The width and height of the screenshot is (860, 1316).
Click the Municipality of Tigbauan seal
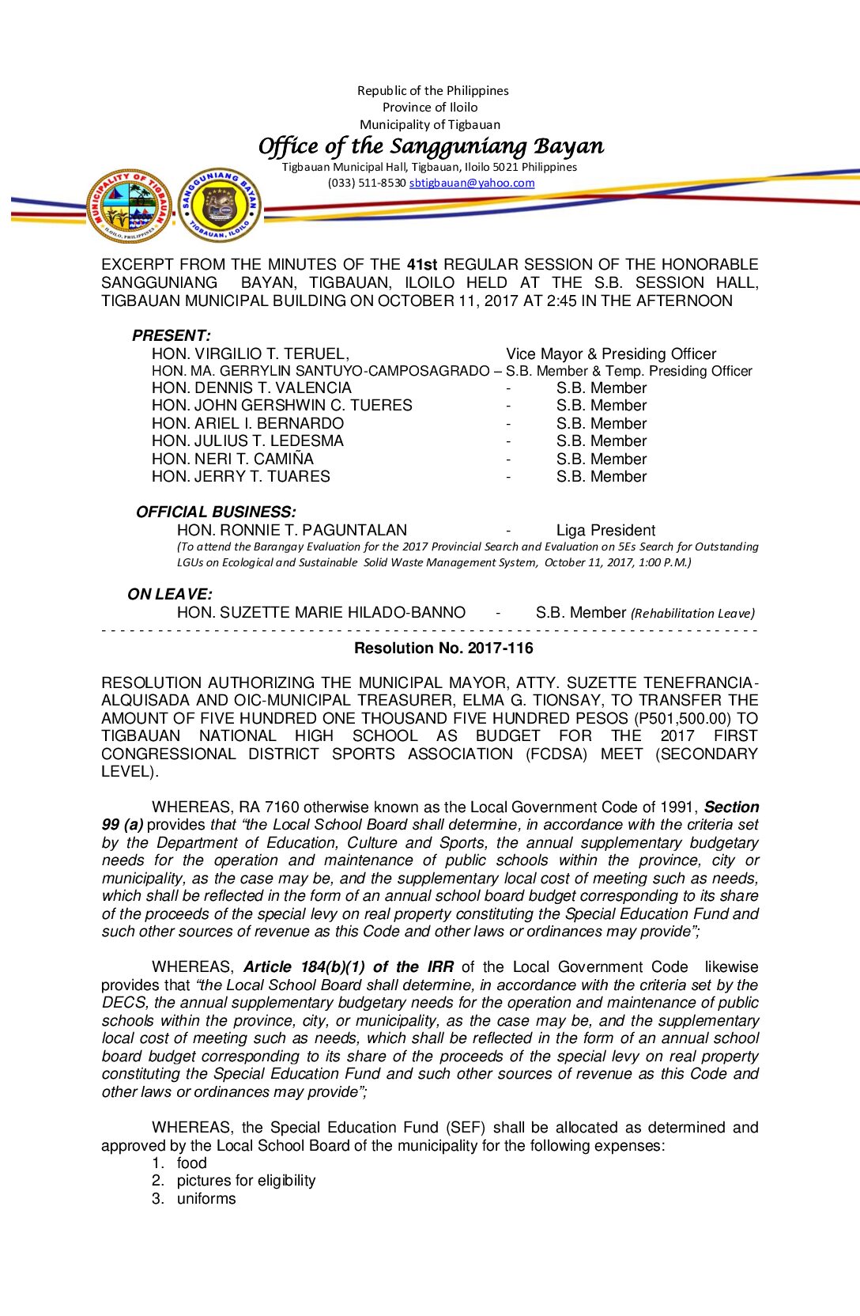(x=130, y=206)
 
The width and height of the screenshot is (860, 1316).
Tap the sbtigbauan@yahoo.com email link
(x=472, y=183)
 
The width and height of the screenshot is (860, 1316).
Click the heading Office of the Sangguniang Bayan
(x=431, y=146)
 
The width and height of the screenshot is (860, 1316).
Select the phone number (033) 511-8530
(x=367, y=183)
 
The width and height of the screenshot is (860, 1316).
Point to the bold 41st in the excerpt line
(x=421, y=264)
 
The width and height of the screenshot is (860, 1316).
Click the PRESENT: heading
(x=172, y=335)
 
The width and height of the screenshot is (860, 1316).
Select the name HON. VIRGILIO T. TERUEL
(x=250, y=354)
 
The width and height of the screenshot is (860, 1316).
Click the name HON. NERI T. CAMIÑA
(x=232, y=459)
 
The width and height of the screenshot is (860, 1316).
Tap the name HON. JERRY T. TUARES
(x=240, y=476)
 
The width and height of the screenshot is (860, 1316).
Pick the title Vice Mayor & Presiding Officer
(x=611, y=354)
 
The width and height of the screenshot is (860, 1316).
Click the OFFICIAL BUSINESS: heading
(x=216, y=512)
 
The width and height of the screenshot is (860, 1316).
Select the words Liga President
(x=605, y=530)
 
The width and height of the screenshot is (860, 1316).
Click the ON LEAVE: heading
(x=170, y=594)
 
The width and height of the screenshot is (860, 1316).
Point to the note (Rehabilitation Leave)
(x=692, y=613)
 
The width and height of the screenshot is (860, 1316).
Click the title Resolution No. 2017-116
(x=443, y=649)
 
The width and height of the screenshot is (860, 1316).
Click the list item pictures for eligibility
(x=246, y=1181)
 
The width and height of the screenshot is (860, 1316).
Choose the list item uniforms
(x=206, y=1198)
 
